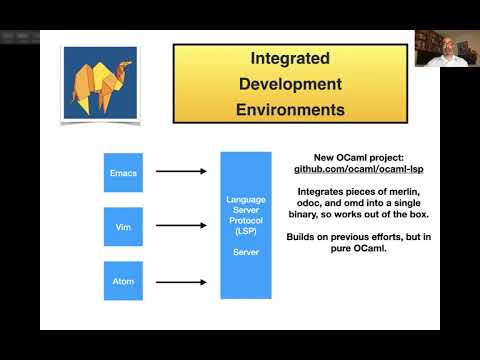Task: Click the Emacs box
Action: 123,172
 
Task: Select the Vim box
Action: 123,227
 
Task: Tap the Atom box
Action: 123,281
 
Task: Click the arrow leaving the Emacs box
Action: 181,172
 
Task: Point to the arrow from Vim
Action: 181,227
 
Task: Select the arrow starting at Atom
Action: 181,281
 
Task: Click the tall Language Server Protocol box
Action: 246,225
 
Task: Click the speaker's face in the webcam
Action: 441,44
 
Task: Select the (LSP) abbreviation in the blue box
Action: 246,231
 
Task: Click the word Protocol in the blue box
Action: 246,220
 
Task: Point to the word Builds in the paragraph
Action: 305,234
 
